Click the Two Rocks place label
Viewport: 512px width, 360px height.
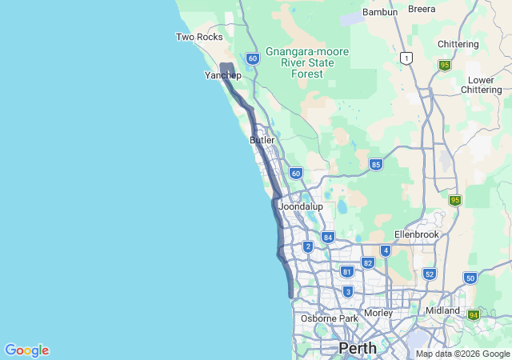click(x=199, y=37)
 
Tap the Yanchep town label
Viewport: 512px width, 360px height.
click(x=222, y=75)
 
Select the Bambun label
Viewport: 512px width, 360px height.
click(x=380, y=12)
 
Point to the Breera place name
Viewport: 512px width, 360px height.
click(x=422, y=10)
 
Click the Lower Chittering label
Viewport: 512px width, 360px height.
click(x=481, y=85)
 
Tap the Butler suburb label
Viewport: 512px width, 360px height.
click(x=262, y=140)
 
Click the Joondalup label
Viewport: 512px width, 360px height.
click(x=300, y=206)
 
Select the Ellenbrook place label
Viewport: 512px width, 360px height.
click(x=418, y=234)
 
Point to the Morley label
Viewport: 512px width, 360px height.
click(x=378, y=313)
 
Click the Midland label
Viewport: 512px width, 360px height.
click(x=444, y=310)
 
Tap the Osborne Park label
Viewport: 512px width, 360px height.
click(x=330, y=318)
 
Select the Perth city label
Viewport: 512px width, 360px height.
click(x=358, y=348)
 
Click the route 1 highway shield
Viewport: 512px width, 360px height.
click(x=406, y=58)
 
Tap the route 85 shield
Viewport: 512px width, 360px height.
click(x=375, y=165)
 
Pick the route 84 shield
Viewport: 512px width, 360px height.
click(x=327, y=237)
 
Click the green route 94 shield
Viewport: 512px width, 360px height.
click(x=474, y=315)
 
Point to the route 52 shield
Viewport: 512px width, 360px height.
click(x=429, y=274)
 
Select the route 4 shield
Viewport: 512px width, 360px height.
click(x=386, y=250)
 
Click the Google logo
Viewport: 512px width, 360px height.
click(x=26, y=350)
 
